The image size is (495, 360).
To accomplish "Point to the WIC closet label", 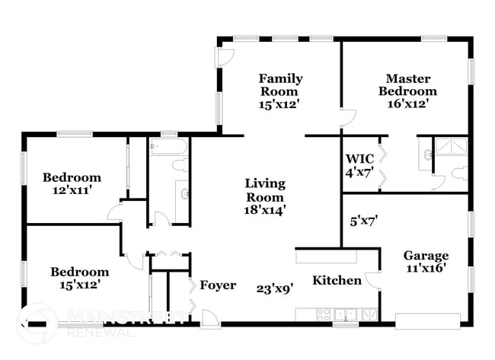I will pyautogui.click(x=359, y=158).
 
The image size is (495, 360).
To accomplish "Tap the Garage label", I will pyautogui.click(x=426, y=255).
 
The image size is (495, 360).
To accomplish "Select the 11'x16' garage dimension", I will pyautogui.click(x=426, y=268).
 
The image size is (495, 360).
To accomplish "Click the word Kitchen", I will pyautogui.click(x=337, y=280).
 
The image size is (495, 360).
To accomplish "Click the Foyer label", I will pyautogui.click(x=218, y=285).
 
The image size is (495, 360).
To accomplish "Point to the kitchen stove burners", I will pyautogui.click(x=323, y=313).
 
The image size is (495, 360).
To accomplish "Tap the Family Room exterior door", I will pyautogui.click(x=225, y=57).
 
